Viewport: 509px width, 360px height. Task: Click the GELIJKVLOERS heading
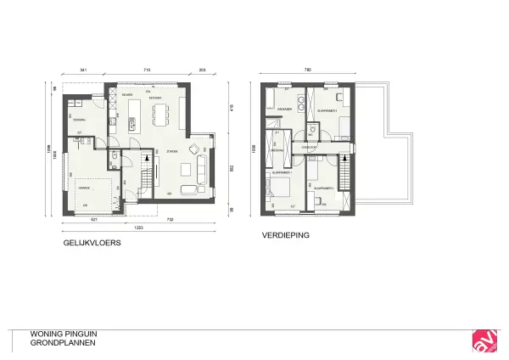pos(92,242)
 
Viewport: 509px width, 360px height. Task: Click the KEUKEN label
pos(126,95)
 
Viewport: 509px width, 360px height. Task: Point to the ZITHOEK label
pos(173,154)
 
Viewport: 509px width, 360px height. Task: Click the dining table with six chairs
pos(167,113)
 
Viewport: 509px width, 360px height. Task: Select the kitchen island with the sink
pos(133,115)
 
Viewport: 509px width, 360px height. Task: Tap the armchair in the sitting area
pos(198,151)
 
